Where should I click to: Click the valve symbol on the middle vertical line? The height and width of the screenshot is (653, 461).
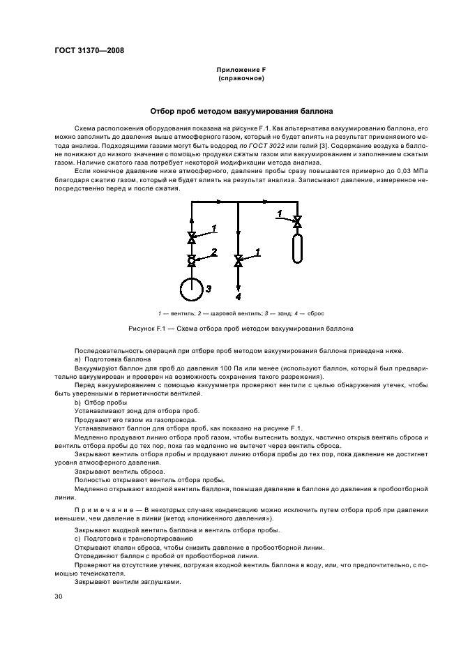click(x=239, y=261)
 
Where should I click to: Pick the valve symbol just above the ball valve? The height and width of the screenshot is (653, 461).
click(x=192, y=239)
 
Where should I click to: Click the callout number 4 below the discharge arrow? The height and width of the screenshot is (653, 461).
click(x=238, y=297)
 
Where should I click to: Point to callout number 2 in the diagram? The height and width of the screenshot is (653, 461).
click(x=214, y=251)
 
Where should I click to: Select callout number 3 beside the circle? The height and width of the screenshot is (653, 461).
click(x=208, y=287)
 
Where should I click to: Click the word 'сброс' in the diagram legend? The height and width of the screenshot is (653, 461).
click(x=315, y=313)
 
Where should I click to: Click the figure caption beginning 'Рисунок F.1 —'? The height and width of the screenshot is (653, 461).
click(x=241, y=328)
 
